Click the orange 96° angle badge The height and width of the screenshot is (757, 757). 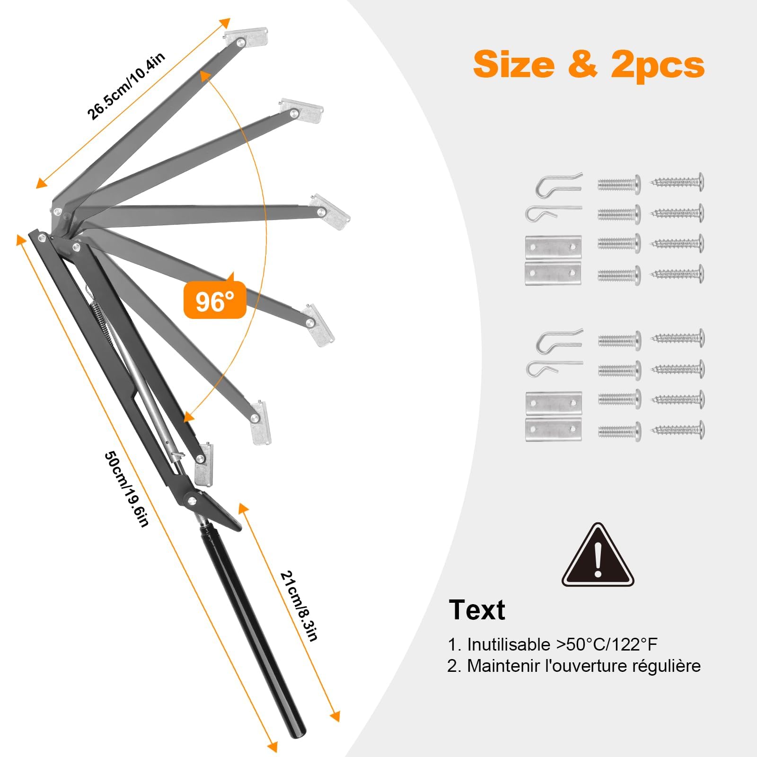coord(215,299)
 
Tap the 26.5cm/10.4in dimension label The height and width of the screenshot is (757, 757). coord(126,86)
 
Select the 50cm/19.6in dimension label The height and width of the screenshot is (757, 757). coord(127,489)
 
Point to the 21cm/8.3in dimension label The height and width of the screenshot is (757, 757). coord(299,606)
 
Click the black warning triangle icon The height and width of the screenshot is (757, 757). coord(598,555)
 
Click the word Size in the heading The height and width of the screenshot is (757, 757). coord(514,64)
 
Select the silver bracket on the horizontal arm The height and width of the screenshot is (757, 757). coord(330,211)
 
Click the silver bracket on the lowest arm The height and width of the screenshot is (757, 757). coord(204,465)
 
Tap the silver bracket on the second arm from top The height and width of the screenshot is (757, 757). coord(301,111)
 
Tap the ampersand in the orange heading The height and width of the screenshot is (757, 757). coord(583,64)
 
